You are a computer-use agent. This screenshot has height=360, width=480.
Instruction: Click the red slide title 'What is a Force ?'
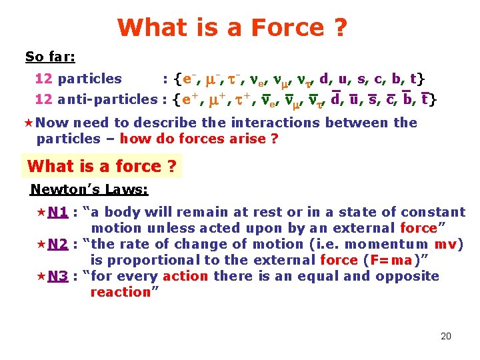232,27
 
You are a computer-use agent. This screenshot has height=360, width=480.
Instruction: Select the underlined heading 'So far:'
50,57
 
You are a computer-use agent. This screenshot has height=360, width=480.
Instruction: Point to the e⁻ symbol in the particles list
190,79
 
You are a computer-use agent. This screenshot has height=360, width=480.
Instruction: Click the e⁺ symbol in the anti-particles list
191,101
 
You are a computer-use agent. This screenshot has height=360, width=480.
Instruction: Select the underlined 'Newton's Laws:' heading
89,190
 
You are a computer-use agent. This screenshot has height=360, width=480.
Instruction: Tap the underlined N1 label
58,212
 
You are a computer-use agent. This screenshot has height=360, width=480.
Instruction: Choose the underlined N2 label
58,244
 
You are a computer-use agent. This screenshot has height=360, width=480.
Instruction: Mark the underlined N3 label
58,276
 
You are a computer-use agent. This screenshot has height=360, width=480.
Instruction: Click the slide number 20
445,336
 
